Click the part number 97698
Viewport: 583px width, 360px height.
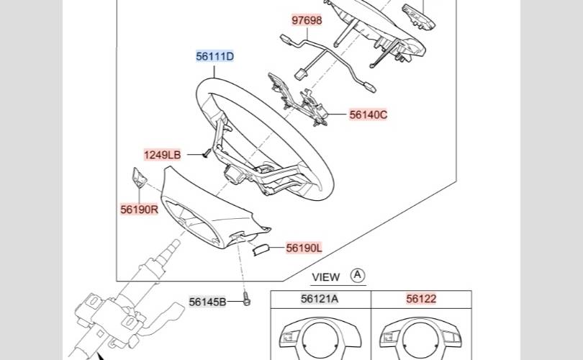tap(307, 20)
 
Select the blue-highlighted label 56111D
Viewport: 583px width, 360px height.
tap(215, 56)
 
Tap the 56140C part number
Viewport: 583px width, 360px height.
tap(369, 114)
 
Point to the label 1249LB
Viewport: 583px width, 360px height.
tap(162, 155)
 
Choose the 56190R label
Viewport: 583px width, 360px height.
tap(139, 210)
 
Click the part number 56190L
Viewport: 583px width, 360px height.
tap(304, 248)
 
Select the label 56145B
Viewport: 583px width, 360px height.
tap(207, 302)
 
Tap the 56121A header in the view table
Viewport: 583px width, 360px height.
tap(320, 299)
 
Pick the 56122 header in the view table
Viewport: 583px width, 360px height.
tap(421, 299)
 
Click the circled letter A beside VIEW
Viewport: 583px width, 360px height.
tap(358, 276)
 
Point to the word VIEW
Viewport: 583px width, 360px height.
tap(325, 276)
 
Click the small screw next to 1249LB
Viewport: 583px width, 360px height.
tap(204, 152)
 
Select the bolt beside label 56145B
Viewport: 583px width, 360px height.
tap(246, 301)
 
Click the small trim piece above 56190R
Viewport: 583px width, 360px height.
tap(137, 177)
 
